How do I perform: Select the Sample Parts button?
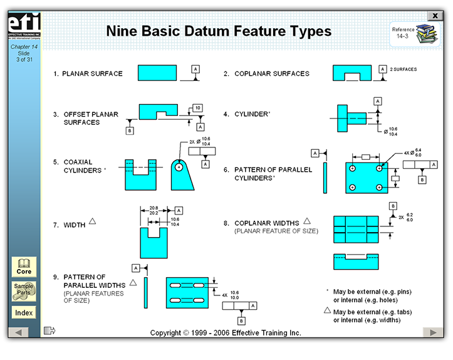point(24,290)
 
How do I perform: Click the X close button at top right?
point(434,16)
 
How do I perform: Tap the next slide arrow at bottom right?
point(432,332)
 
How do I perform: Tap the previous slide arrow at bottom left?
point(19,332)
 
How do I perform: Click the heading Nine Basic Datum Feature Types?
point(219,31)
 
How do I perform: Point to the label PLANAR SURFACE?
point(92,73)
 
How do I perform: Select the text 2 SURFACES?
point(403,70)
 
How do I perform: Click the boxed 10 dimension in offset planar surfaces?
point(197,109)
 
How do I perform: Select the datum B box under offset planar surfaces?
point(130,130)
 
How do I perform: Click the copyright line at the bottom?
point(226,332)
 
